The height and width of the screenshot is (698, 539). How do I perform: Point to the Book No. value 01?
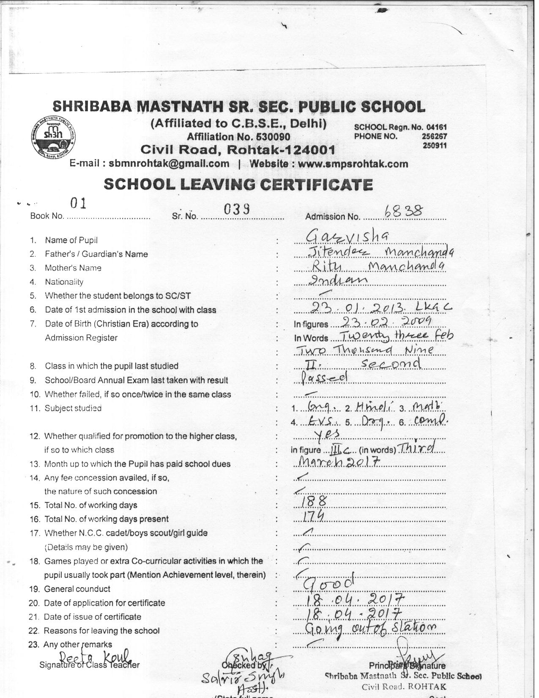click(x=79, y=204)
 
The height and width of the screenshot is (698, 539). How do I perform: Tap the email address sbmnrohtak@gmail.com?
click(x=169, y=164)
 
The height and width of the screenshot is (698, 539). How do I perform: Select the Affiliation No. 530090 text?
click(x=238, y=137)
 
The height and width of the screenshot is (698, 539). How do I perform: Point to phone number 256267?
click(x=434, y=136)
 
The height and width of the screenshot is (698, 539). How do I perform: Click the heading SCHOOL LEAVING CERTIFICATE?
click(x=238, y=184)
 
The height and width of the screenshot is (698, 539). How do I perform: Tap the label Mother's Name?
click(x=73, y=268)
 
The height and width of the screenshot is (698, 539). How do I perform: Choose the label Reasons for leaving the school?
click(x=101, y=631)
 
